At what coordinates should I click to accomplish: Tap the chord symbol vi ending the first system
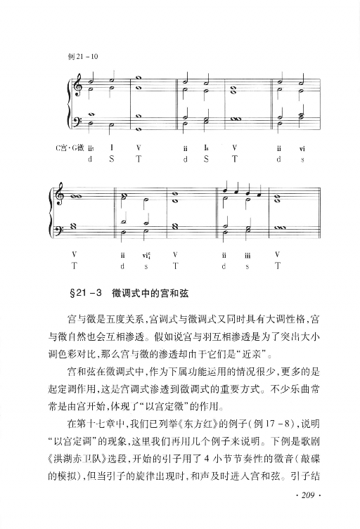[x=302, y=148]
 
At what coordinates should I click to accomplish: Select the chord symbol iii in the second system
[x=247, y=255]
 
